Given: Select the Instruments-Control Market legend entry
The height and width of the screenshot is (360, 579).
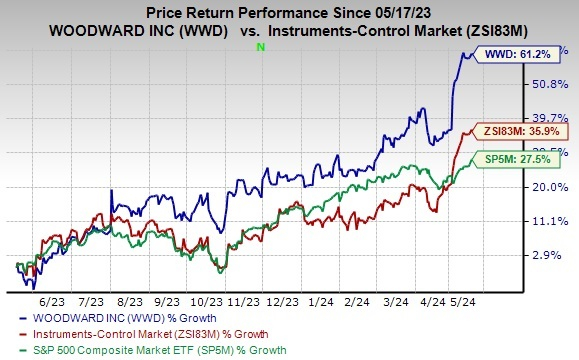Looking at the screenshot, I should pyautogui.click(x=129, y=333).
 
